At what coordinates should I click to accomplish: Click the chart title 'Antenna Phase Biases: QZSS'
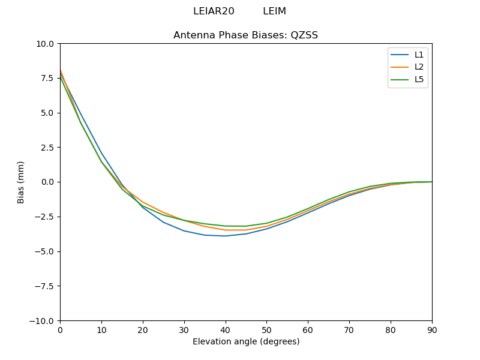tap(245, 35)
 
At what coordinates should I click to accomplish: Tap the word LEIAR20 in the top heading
tap(214, 11)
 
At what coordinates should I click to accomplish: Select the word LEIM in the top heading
tap(274, 11)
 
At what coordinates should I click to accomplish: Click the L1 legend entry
tap(419, 55)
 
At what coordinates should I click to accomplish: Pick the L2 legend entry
tap(419, 67)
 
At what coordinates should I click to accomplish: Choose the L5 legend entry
tap(419, 79)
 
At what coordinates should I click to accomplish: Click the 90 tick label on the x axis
tap(432, 329)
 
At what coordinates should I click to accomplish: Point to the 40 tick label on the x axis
tap(226, 329)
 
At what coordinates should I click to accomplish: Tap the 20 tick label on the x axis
tap(143, 329)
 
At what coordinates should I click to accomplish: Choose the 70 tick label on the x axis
tap(349, 329)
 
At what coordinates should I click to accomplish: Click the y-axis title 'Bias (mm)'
tap(21, 182)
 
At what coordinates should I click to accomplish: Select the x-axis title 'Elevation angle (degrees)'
tap(246, 341)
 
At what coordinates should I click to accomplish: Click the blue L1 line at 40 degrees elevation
tap(226, 236)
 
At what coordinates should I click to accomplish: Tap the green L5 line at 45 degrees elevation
tap(246, 226)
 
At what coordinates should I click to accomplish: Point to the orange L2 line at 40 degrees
tap(226, 230)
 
